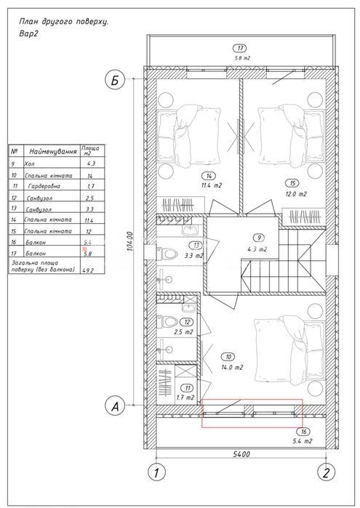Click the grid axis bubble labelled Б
(114, 79)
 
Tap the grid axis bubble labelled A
(114, 406)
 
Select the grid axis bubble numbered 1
(156, 472)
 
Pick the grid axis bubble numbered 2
(327, 472)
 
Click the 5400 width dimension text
(241, 454)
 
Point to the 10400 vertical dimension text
(130, 241)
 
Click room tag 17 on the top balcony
(240, 49)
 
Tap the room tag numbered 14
(209, 177)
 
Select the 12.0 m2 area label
(294, 194)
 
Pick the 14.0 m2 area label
(231, 368)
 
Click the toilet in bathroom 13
(167, 253)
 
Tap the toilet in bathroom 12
(167, 321)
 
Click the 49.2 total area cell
(87, 270)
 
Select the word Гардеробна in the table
(44, 186)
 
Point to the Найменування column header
(53, 151)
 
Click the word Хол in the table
(29, 164)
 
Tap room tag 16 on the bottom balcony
(303, 432)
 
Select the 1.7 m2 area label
(185, 398)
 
